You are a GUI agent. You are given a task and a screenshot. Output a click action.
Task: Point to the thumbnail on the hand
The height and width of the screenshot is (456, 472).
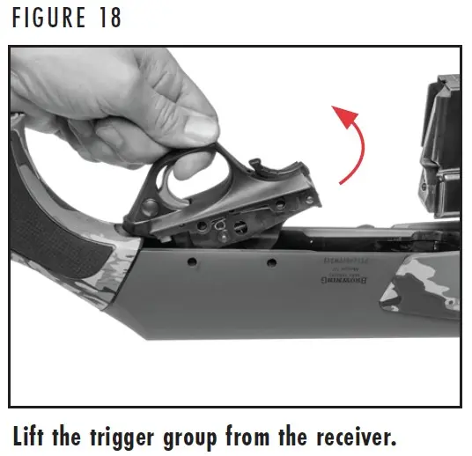pyautogui.click(x=203, y=126)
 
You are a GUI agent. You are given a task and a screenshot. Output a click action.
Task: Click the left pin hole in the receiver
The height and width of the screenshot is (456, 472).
pyautogui.click(x=189, y=262)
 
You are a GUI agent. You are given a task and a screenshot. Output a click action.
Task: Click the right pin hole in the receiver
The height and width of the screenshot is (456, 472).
pyautogui.click(x=271, y=262)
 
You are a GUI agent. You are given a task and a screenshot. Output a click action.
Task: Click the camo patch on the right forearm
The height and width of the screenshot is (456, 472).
pyautogui.click(x=414, y=295)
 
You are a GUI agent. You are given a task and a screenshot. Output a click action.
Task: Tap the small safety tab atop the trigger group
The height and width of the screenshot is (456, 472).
pyautogui.click(x=256, y=165)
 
